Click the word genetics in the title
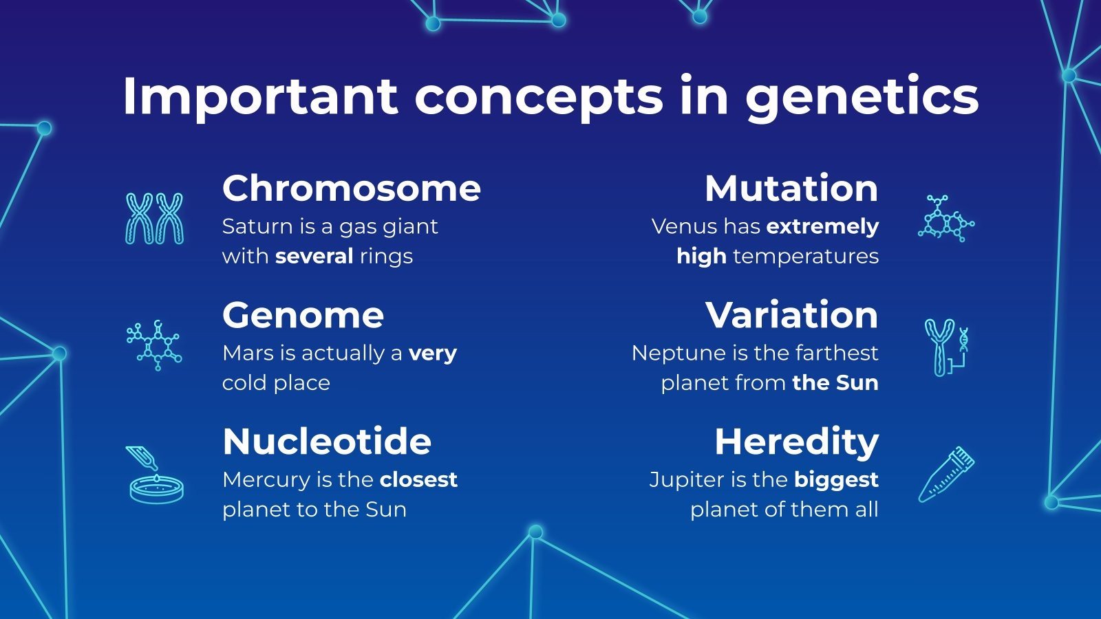click(x=862, y=98)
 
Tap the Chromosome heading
click(x=352, y=188)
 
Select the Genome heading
click(x=303, y=316)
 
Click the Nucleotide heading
click(x=327, y=442)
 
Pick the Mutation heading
click(x=791, y=188)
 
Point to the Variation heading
click(x=792, y=316)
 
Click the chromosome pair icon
click(x=155, y=219)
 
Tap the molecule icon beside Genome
click(x=154, y=345)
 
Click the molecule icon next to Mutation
click(x=946, y=219)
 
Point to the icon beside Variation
click(x=946, y=347)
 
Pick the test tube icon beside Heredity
click(x=947, y=475)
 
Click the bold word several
click(x=314, y=257)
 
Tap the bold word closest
click(x=418, y=480)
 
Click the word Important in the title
click(x=260, y=98)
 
